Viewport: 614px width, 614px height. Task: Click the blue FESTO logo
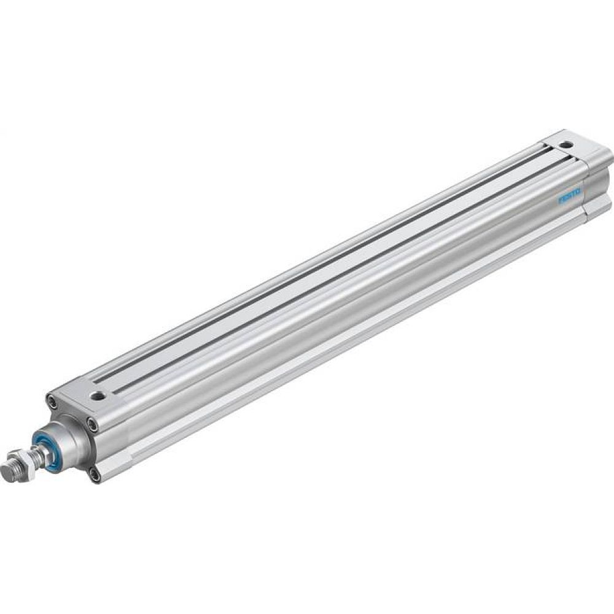570,198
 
